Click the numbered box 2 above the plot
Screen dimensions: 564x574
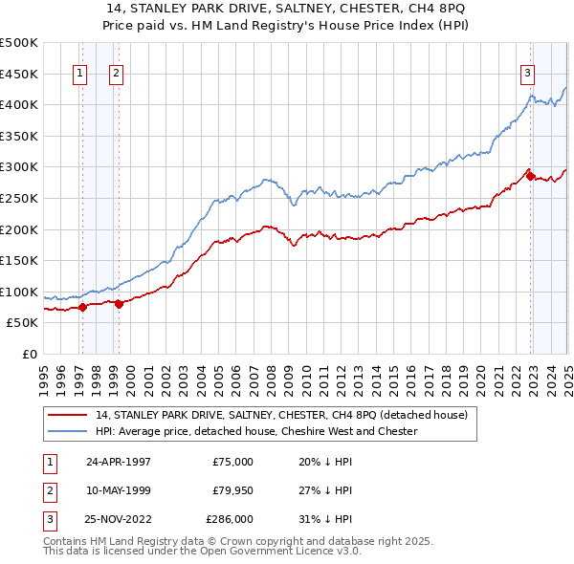click(115, 73)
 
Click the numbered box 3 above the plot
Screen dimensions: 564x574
click(527, 73)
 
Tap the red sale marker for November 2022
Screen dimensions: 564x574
click(530, 176)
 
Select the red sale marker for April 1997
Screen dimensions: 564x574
click(82, 307)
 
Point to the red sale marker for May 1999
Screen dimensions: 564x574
click(119, 304)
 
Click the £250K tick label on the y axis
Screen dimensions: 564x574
click(19, 198)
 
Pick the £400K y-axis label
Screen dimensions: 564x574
click(19, 104)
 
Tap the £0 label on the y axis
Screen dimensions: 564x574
click(28, 354)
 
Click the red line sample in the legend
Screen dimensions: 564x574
click(68, 415)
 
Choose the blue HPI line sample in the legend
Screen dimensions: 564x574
click(68, 431)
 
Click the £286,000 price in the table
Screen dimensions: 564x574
click(230, 520)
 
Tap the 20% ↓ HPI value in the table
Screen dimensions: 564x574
click(325, 462)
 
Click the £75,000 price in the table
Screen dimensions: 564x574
click(232, 462)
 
